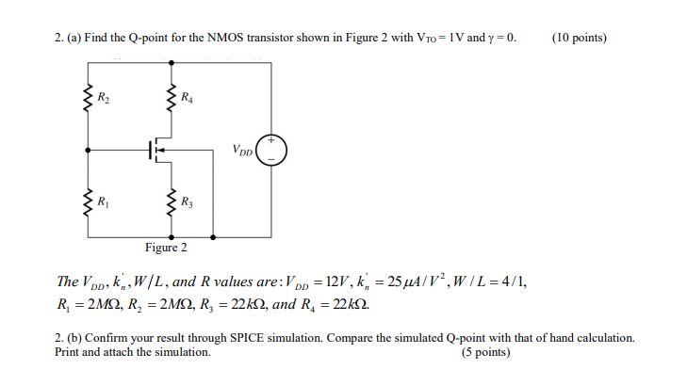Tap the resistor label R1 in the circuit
click(x=105, y=201)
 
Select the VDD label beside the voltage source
click(x=242, y=149)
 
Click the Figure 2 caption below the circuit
click(x=166, y=248)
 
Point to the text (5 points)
click(x=485, y=353)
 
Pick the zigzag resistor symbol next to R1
click(x=90, y=201)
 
